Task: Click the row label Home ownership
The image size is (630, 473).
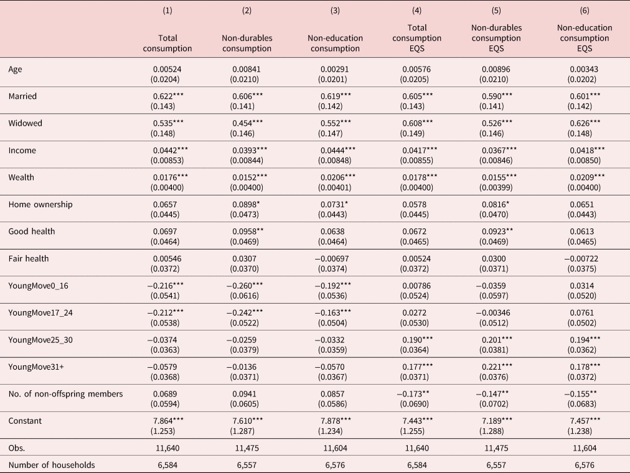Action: pos(40,204)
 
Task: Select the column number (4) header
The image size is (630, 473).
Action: pos(416,11)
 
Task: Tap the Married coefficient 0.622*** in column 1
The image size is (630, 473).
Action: pos(168,96)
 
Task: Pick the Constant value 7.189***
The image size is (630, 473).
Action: pos(497,421)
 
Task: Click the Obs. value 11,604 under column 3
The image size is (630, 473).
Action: pos(335,448)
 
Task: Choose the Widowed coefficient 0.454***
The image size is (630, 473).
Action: pos(248,123)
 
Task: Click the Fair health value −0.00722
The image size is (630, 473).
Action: pos(581,258)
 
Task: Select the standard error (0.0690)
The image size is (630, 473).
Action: pos(414,404)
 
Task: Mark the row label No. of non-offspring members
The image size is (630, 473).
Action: pos(65,394)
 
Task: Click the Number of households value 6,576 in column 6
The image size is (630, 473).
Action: pos(585,465)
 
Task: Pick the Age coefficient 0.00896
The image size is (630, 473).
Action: pos(496,69)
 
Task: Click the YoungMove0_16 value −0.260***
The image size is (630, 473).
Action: pos(245,286)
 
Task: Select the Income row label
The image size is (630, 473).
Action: pos(22,151)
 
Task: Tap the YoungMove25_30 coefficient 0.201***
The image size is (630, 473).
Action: pos(497,340)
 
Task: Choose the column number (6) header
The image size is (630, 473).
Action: pos(585,11)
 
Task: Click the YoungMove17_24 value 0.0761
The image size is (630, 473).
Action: pos(582,313)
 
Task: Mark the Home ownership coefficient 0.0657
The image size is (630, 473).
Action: pos(165,204)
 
